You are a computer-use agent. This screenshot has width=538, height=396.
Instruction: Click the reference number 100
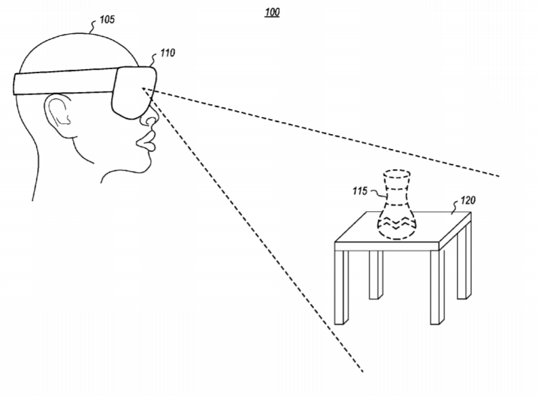(272, 12)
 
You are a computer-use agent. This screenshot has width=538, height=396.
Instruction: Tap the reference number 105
(107, 20)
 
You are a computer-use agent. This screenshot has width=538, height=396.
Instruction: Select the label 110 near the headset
(167, 53)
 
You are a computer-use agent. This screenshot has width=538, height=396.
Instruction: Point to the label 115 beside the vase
(359, 191)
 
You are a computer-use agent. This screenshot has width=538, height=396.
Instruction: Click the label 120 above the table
(468, 200)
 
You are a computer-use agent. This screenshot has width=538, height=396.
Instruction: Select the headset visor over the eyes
(134, 92)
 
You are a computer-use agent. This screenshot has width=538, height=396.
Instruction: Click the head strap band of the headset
(64, 82)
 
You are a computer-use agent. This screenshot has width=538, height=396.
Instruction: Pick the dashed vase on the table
(397, 204)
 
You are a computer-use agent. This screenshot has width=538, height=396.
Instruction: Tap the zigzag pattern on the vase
(397, 223)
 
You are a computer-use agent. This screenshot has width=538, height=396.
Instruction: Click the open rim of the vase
(397, 174)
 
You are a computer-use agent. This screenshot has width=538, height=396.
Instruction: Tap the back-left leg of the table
(376, 275)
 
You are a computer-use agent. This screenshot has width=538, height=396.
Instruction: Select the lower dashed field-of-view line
(253, 230)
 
